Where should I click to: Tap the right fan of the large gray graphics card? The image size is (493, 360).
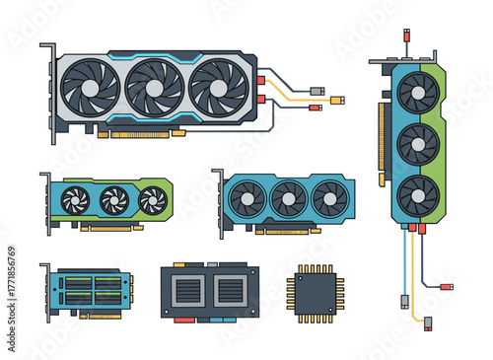point(217,87)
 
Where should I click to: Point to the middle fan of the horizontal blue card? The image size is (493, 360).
point(288,198)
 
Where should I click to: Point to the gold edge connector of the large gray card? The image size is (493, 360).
point(148,133)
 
